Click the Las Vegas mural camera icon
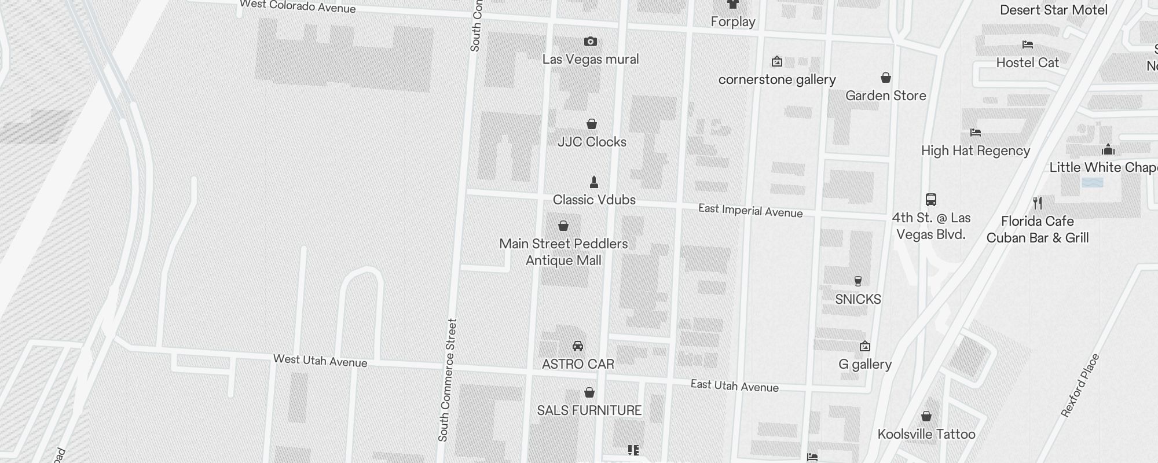click(590, 42)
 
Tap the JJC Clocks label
click(592, 142)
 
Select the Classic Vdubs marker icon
click(593, 182)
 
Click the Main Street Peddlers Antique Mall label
click(563, 252)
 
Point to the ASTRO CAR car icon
click(577, 346)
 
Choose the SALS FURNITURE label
click(589, 410)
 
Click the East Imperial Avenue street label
click(750, 211)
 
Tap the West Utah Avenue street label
click(320, 361)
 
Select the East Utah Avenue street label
click(734, 385)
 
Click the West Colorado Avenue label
click(298, 6)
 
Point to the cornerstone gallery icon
click(777, 61)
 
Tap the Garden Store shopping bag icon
click(885, 78)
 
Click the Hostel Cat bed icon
click(1028, 45)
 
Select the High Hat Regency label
click(976, 150)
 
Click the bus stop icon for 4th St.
click(931, 200)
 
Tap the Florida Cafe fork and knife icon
click(1038, 203)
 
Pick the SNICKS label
click(858, 299)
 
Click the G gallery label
click(865, 364)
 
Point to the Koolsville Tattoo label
click(926, 434)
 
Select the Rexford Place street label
click(1080, 385)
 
